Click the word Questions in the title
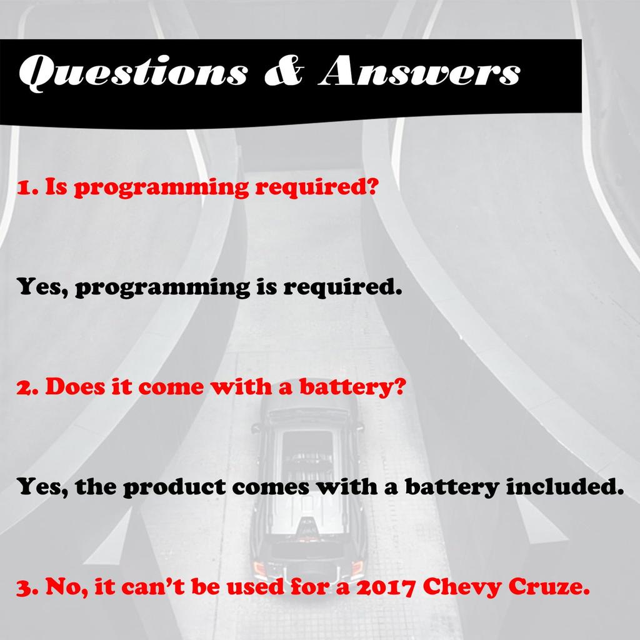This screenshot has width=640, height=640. (x=133, y=72)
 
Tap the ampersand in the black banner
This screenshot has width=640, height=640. (x=284, y=71)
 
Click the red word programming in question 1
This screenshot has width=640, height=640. (x=161, y=187)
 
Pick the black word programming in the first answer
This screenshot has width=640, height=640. (x=162, y=287)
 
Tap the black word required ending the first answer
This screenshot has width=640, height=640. (x=343, y=287)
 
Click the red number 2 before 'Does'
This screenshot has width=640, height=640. (x=25, y=387)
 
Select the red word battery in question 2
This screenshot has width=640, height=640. (x=346, y=387)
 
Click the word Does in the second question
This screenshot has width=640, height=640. (x=75, y=386)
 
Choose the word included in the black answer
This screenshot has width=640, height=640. (x=565, y=486)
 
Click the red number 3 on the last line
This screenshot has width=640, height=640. (x=25, y=587)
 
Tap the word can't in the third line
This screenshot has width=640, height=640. (x=153, y=586)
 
